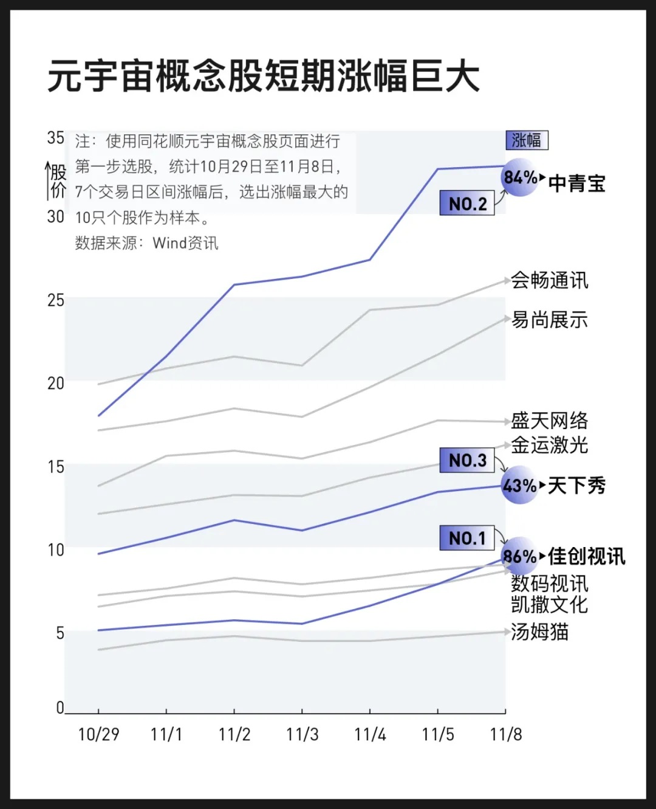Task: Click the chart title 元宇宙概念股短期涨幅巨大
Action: click(264, 77)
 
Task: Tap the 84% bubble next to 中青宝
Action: click(521, 177)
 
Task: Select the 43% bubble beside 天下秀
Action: click(520, 486)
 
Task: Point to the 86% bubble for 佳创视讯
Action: click(520, 556)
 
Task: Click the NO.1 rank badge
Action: click(466, 538)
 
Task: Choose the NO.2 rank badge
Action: click(466, 204)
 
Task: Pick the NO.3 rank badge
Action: click(466, 461)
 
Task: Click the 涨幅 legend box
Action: click(527, 140)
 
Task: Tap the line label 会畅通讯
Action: click(549, 280)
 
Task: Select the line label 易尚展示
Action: click(549, 320)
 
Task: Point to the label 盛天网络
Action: click(549, 421)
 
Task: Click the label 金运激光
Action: click(549, 446)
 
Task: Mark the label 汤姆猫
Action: click(539, 632)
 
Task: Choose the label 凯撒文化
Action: click(549, 605)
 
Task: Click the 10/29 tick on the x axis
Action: click(98, 734)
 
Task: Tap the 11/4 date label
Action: click(370, 734)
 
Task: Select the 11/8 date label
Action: click(505, 734)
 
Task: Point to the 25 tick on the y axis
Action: click(55, 300)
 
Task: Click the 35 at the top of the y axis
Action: click(55, 138)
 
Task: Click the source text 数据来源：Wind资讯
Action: click(146, 243)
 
